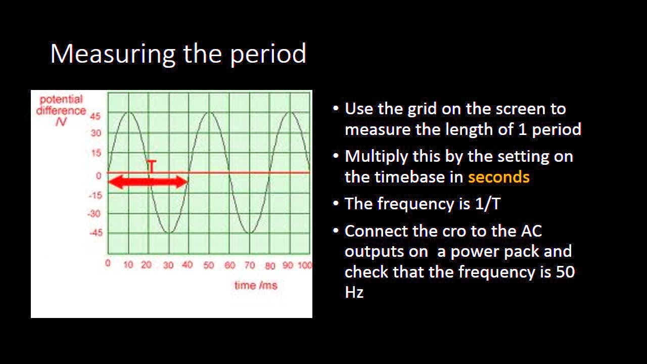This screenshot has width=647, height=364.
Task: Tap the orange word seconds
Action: [498, 177]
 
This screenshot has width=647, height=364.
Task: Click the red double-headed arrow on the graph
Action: [148, 182]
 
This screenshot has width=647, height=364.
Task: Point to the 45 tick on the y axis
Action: [96, 116]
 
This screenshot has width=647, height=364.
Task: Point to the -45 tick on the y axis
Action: [96, 233]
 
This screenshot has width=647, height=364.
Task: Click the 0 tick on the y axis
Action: [99, 175]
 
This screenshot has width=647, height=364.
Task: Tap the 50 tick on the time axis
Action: [208, 265]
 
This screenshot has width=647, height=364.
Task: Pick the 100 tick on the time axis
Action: [304, 265]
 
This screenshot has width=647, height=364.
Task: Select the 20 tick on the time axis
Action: [147, 265]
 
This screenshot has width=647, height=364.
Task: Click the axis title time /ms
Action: [255, 285]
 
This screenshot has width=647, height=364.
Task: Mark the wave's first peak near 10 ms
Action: [129, 112]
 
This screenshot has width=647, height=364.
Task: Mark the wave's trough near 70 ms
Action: [250, 233]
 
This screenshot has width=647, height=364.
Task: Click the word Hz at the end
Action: [354, 292]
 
